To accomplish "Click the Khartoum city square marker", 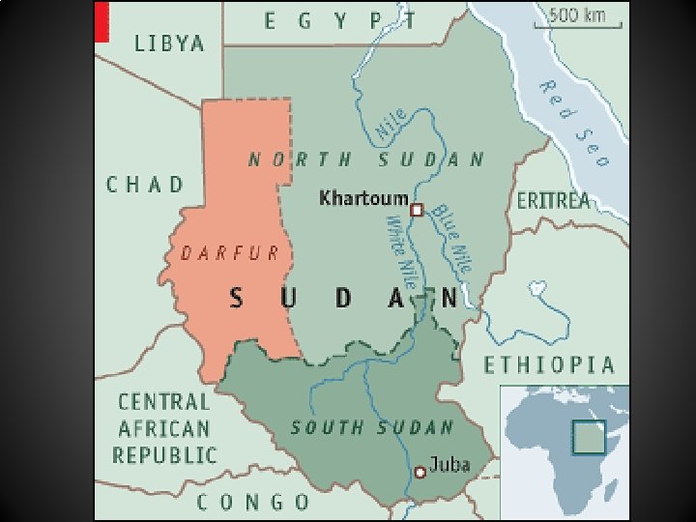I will coord(417,210).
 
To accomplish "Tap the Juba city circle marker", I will coord(420,472).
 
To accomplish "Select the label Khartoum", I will coord(363,198).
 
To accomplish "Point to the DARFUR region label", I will coord(230,253).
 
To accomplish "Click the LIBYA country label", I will coord(169,43).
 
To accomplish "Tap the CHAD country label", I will coord(145,184).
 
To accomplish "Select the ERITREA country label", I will coord(553,201).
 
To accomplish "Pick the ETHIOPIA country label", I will coord(549,364).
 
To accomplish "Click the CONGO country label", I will coord(254,502).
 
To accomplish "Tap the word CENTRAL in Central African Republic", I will coord(163,401).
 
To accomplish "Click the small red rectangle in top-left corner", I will coord(101,21).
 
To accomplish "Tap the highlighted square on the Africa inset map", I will coord(588,436).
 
